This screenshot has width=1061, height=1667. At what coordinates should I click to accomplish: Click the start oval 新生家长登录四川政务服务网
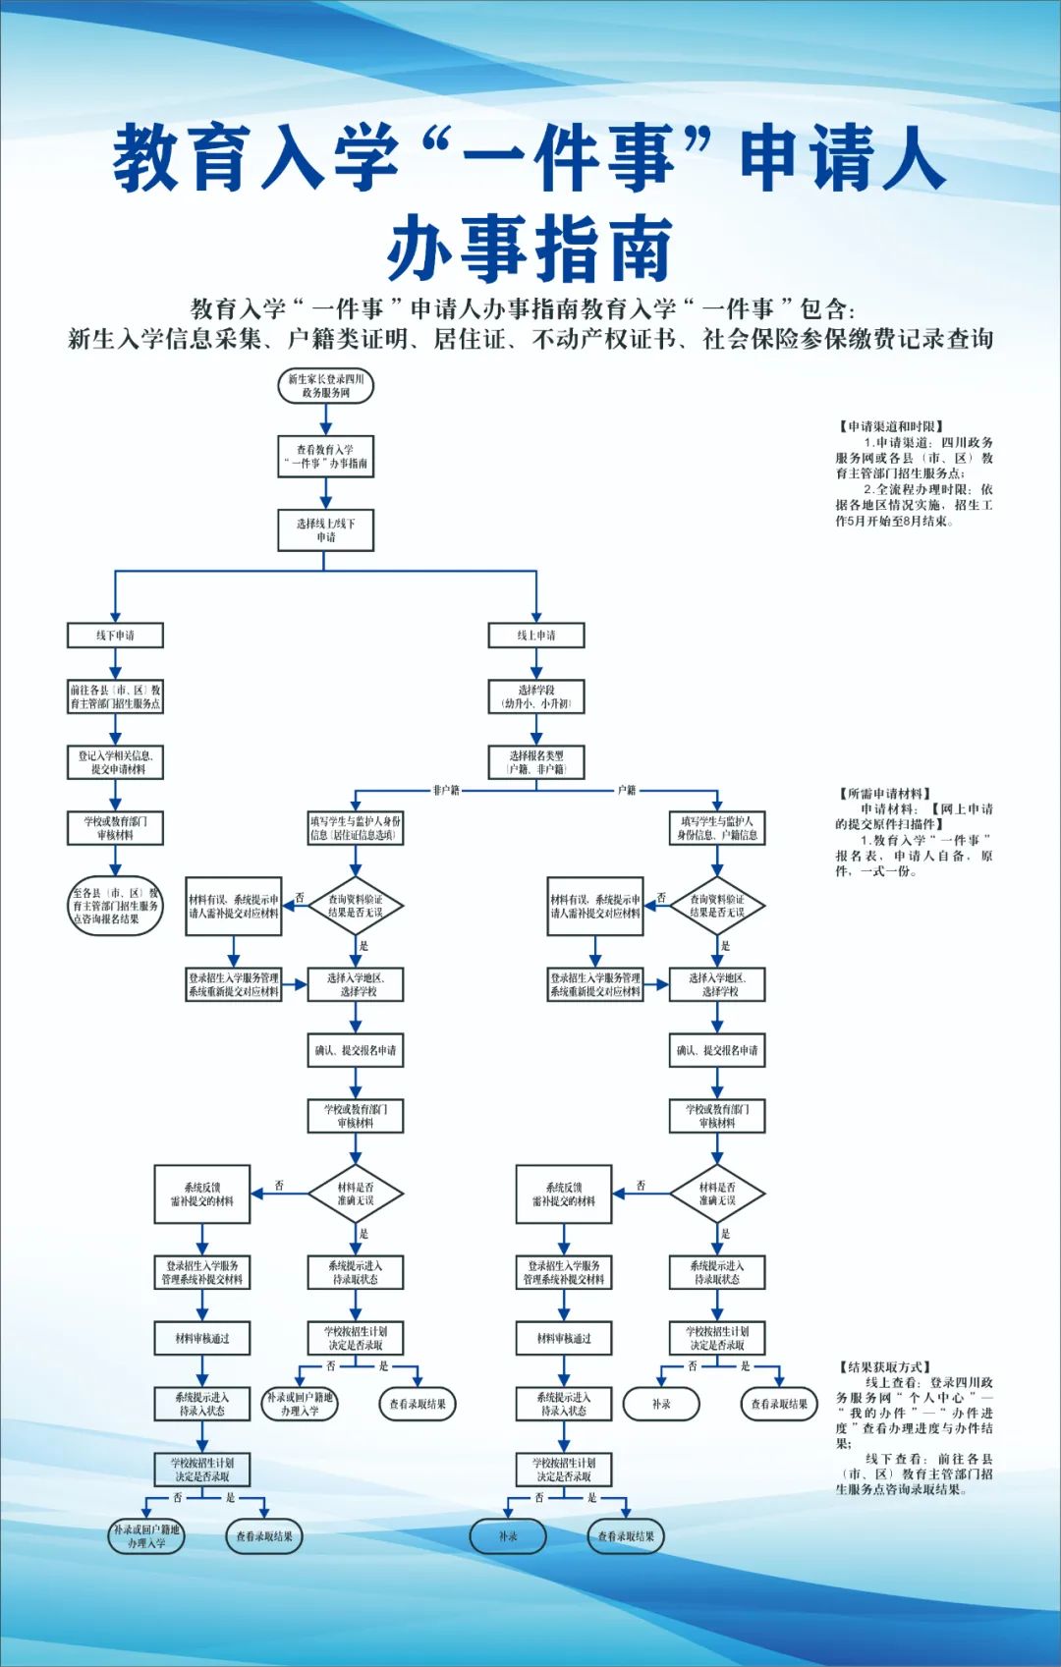[x=325, y=386]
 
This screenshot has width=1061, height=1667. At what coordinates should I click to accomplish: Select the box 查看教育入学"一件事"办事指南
[x=325, y=457]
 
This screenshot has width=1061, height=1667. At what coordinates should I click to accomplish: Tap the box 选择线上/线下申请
[x=325, y=530]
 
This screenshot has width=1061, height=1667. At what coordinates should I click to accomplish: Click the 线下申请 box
[x=115, y=636]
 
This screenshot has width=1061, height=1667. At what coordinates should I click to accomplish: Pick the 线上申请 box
[x=535, y=636]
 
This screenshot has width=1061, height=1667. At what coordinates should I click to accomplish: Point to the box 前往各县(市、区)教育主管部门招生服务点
[x=115, y=697]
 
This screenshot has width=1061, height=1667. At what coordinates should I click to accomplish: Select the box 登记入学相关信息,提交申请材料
[x=115, y=762]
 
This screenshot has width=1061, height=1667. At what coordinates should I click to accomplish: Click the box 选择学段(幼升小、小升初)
[x=535, y=697]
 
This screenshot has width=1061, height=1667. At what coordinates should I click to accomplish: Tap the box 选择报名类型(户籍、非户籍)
[x=535, y=762]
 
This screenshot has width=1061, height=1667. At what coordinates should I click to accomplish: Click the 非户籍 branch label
[x=446, y=790]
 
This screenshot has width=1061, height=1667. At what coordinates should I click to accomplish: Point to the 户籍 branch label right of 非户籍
[x=627, y=790]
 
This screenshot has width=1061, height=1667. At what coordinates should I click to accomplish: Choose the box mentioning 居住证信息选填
[x=355, y=828]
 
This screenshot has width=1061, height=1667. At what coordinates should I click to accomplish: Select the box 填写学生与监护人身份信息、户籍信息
[x=716, y=828]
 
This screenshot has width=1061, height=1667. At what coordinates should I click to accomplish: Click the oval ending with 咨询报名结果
[x=115, y=906]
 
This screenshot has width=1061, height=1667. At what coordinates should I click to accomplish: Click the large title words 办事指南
[x=530, y=250]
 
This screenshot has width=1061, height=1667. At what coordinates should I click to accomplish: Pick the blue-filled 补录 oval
[x=507, y=1536]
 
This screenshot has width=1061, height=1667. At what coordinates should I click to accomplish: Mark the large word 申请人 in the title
[x=842, y=157]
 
